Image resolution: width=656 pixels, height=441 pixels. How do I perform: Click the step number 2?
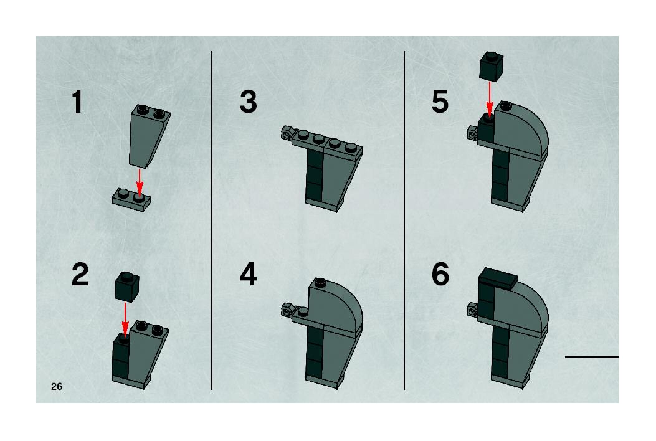click(x=80, y=274)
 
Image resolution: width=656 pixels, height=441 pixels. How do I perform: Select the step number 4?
click(x=248, y=274)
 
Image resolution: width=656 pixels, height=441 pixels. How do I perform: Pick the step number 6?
click(x=440, y=274)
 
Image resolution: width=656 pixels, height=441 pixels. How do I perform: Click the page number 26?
click(x=57, y=386)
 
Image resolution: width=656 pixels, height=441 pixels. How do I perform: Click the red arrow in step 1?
click(x=139, y=183)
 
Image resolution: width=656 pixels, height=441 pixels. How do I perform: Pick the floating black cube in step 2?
click(x=127, y=287)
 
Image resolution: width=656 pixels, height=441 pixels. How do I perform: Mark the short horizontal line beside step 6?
click(x=592, y=357)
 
